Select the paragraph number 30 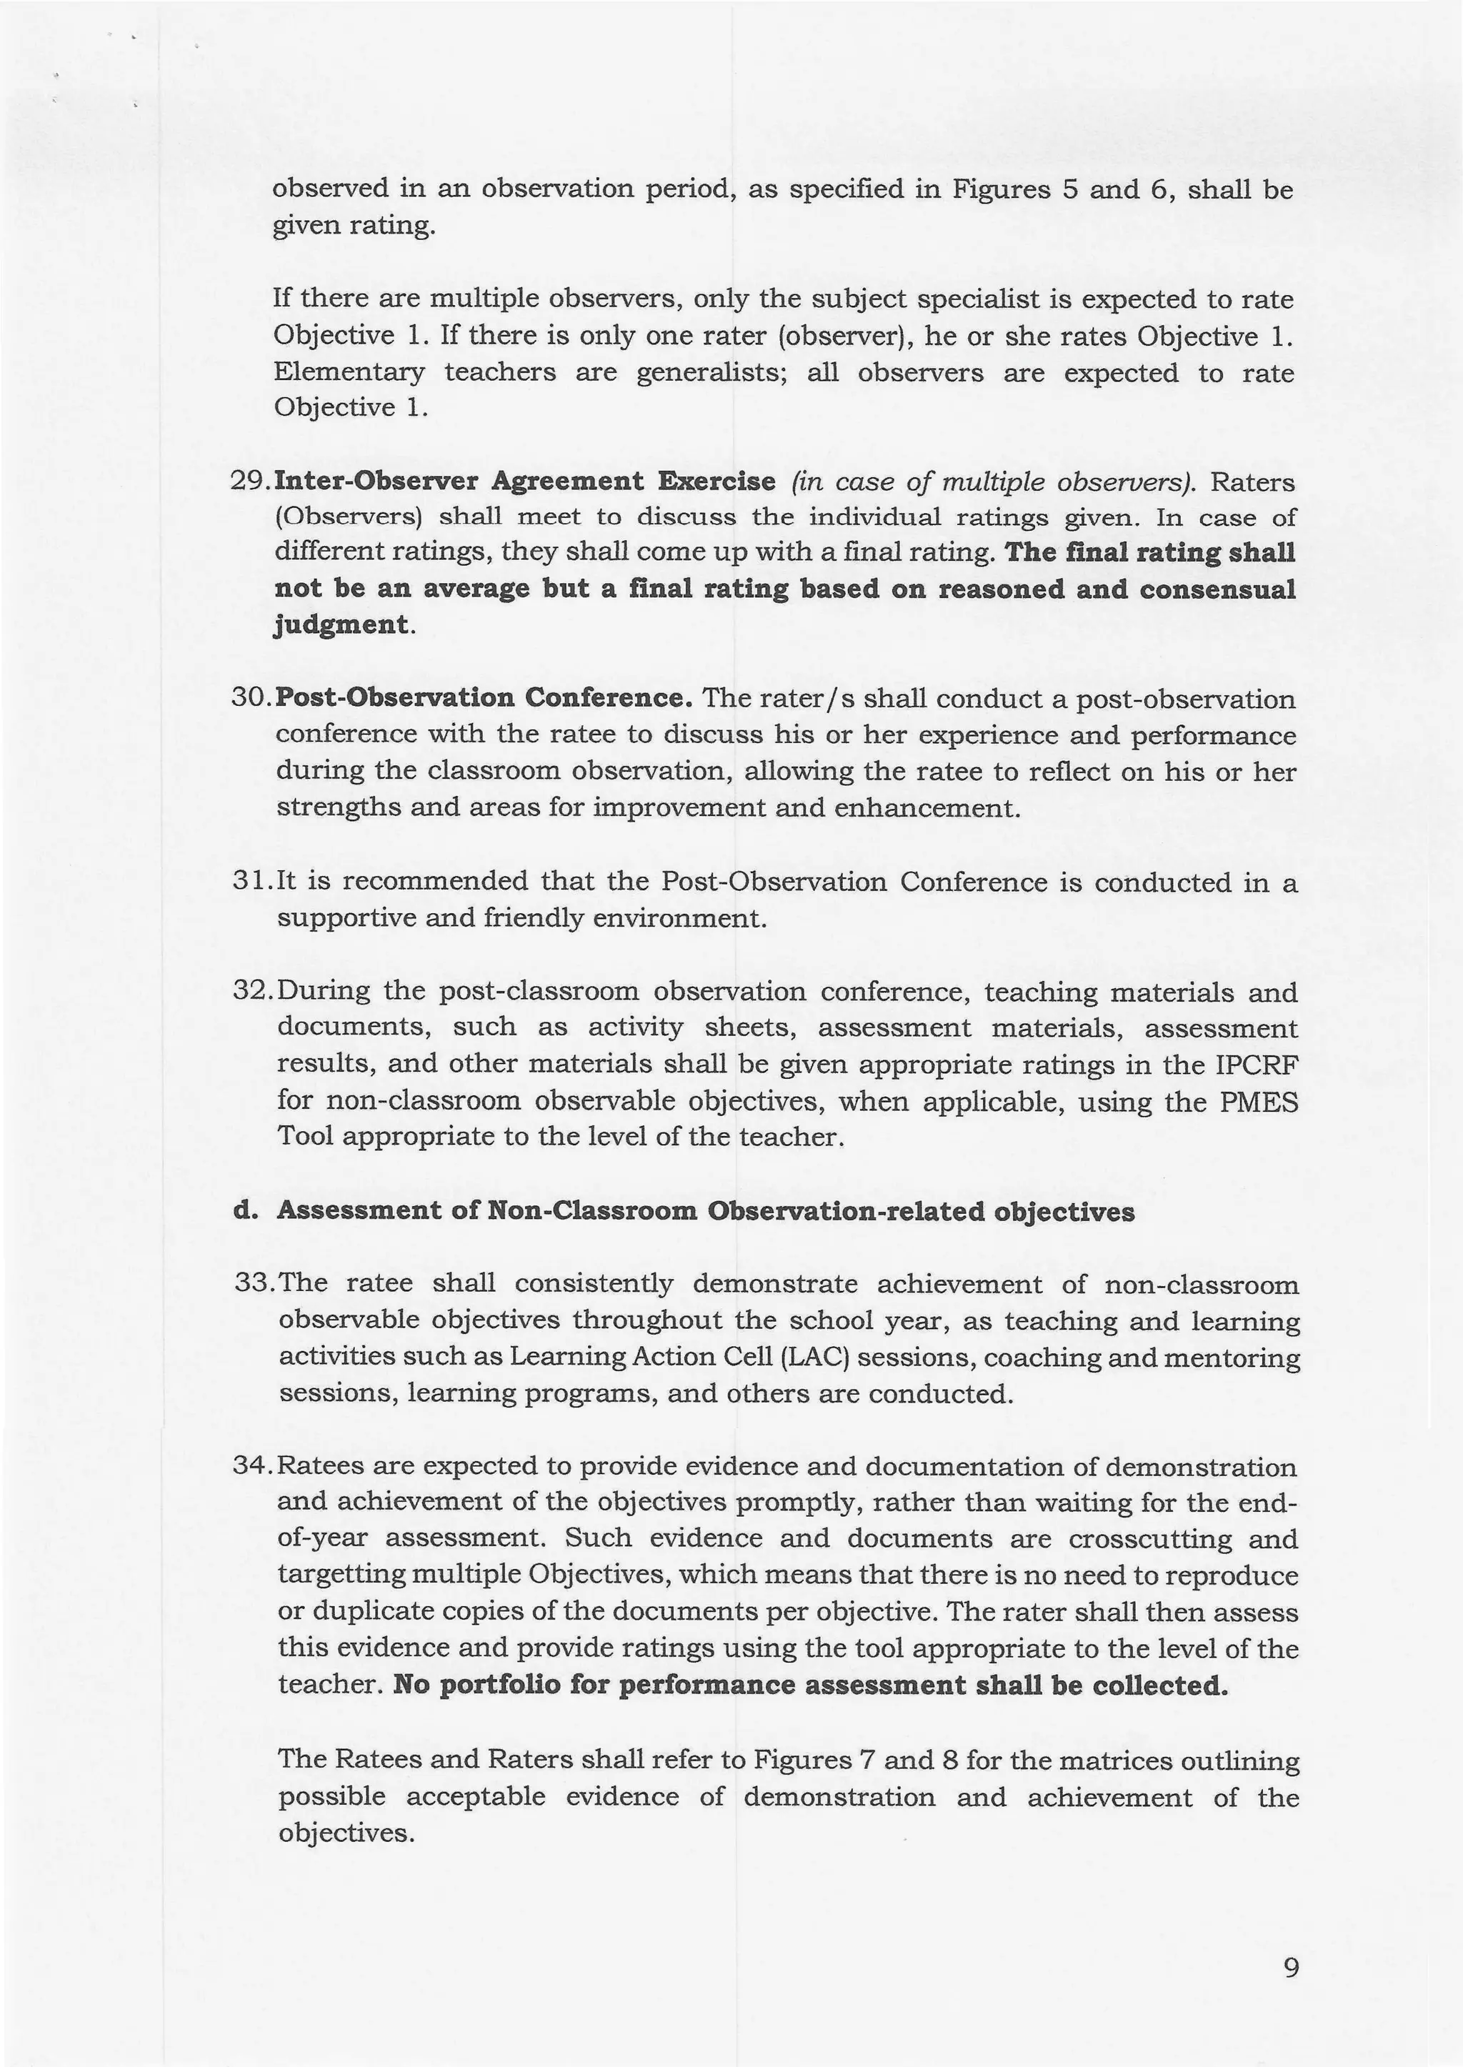[251, 698]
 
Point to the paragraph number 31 [251, 880]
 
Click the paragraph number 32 [251, 990]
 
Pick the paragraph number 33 [253, 1282]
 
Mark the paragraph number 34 [252, 1465]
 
